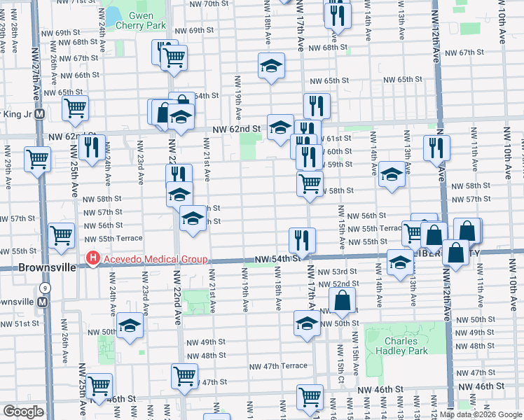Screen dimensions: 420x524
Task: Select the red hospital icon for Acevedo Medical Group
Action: [92, 260]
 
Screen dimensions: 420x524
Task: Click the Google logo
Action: [23, 412]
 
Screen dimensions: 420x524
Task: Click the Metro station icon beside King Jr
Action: [40, 113]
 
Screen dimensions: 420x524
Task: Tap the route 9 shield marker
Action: [45, 288]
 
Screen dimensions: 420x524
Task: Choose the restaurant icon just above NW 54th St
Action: [302, 239]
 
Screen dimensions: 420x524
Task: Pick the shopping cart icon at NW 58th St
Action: [309, 183]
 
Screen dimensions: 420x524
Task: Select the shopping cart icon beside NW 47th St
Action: [184, 374]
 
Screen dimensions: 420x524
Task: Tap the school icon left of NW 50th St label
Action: [307, 323]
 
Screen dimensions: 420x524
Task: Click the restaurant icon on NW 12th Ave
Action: [436, 147]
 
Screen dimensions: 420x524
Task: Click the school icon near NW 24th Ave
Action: [130, 325]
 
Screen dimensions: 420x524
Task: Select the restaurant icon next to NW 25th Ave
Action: [92, 147]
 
